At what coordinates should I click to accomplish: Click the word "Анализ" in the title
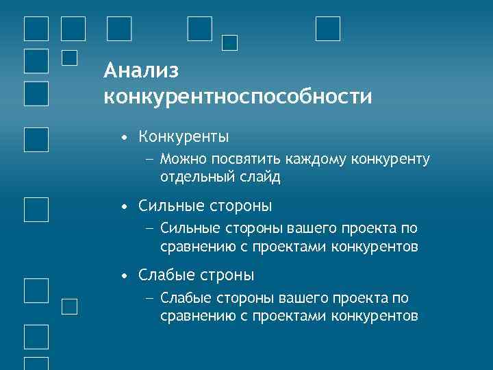click(x=141, y=71)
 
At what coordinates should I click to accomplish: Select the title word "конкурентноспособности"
click(x=238, y=96)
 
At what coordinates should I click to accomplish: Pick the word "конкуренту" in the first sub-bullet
click(x=391, y=160)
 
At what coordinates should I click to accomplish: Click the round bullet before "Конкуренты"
click(x=123, y=138)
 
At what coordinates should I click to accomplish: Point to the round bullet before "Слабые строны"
click(x=123, y=276)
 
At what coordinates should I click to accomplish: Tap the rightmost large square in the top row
click(x=328, y=29)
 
